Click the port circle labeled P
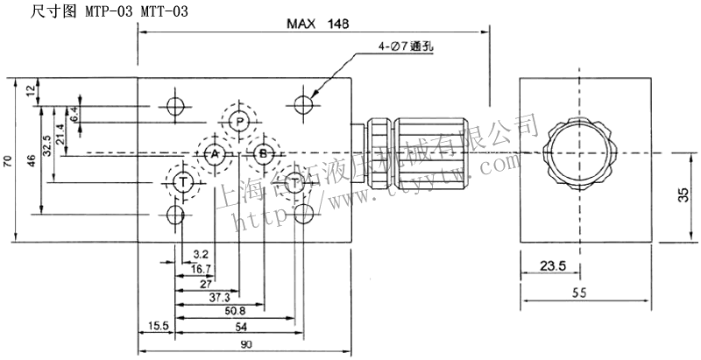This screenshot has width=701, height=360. pyautogui.click(x=238, y=122)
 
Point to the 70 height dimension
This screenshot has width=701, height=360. pyautogui.click(x=7, y=160)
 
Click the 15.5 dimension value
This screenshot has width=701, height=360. pyautogui.click(x=158, y=326)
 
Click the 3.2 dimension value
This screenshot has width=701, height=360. pyautogui.click(x=200, y=255)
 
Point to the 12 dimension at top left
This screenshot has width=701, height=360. pyautogui.click(x=31, y=89)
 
